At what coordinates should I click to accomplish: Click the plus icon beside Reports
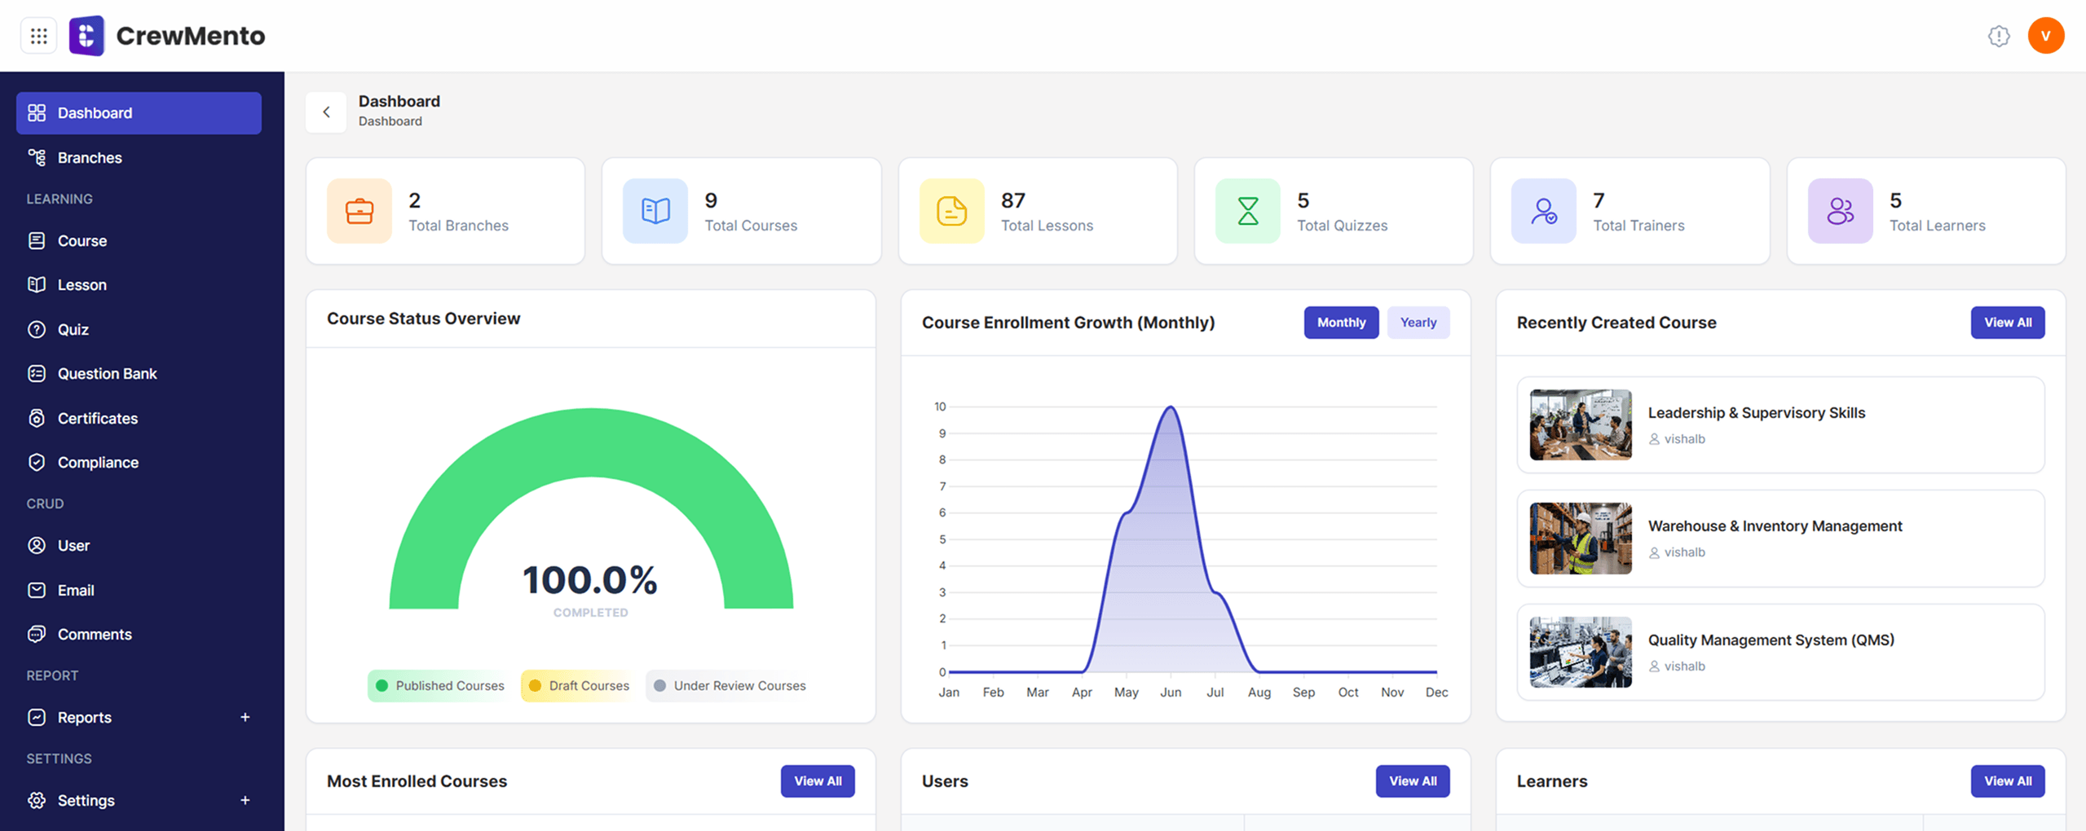(245, 717)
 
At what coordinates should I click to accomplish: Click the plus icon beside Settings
(245, 800)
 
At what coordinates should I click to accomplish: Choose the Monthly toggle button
(1341, 323)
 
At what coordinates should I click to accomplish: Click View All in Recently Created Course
(2007, 323)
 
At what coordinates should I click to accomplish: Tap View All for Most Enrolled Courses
(818, 781)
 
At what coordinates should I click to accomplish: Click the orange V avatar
(2045, 36)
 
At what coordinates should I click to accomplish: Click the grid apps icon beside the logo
(38, 36)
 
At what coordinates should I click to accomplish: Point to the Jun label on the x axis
(1171, 692)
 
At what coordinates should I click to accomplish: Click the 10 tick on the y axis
(940, 407)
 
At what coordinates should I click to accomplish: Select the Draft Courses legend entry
(580, 686)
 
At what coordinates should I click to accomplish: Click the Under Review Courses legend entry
(730, 686)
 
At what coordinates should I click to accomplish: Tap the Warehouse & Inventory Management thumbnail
(1581, 539)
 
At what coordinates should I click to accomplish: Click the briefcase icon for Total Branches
(359, 211)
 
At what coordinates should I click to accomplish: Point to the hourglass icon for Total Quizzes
(1247, 211)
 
